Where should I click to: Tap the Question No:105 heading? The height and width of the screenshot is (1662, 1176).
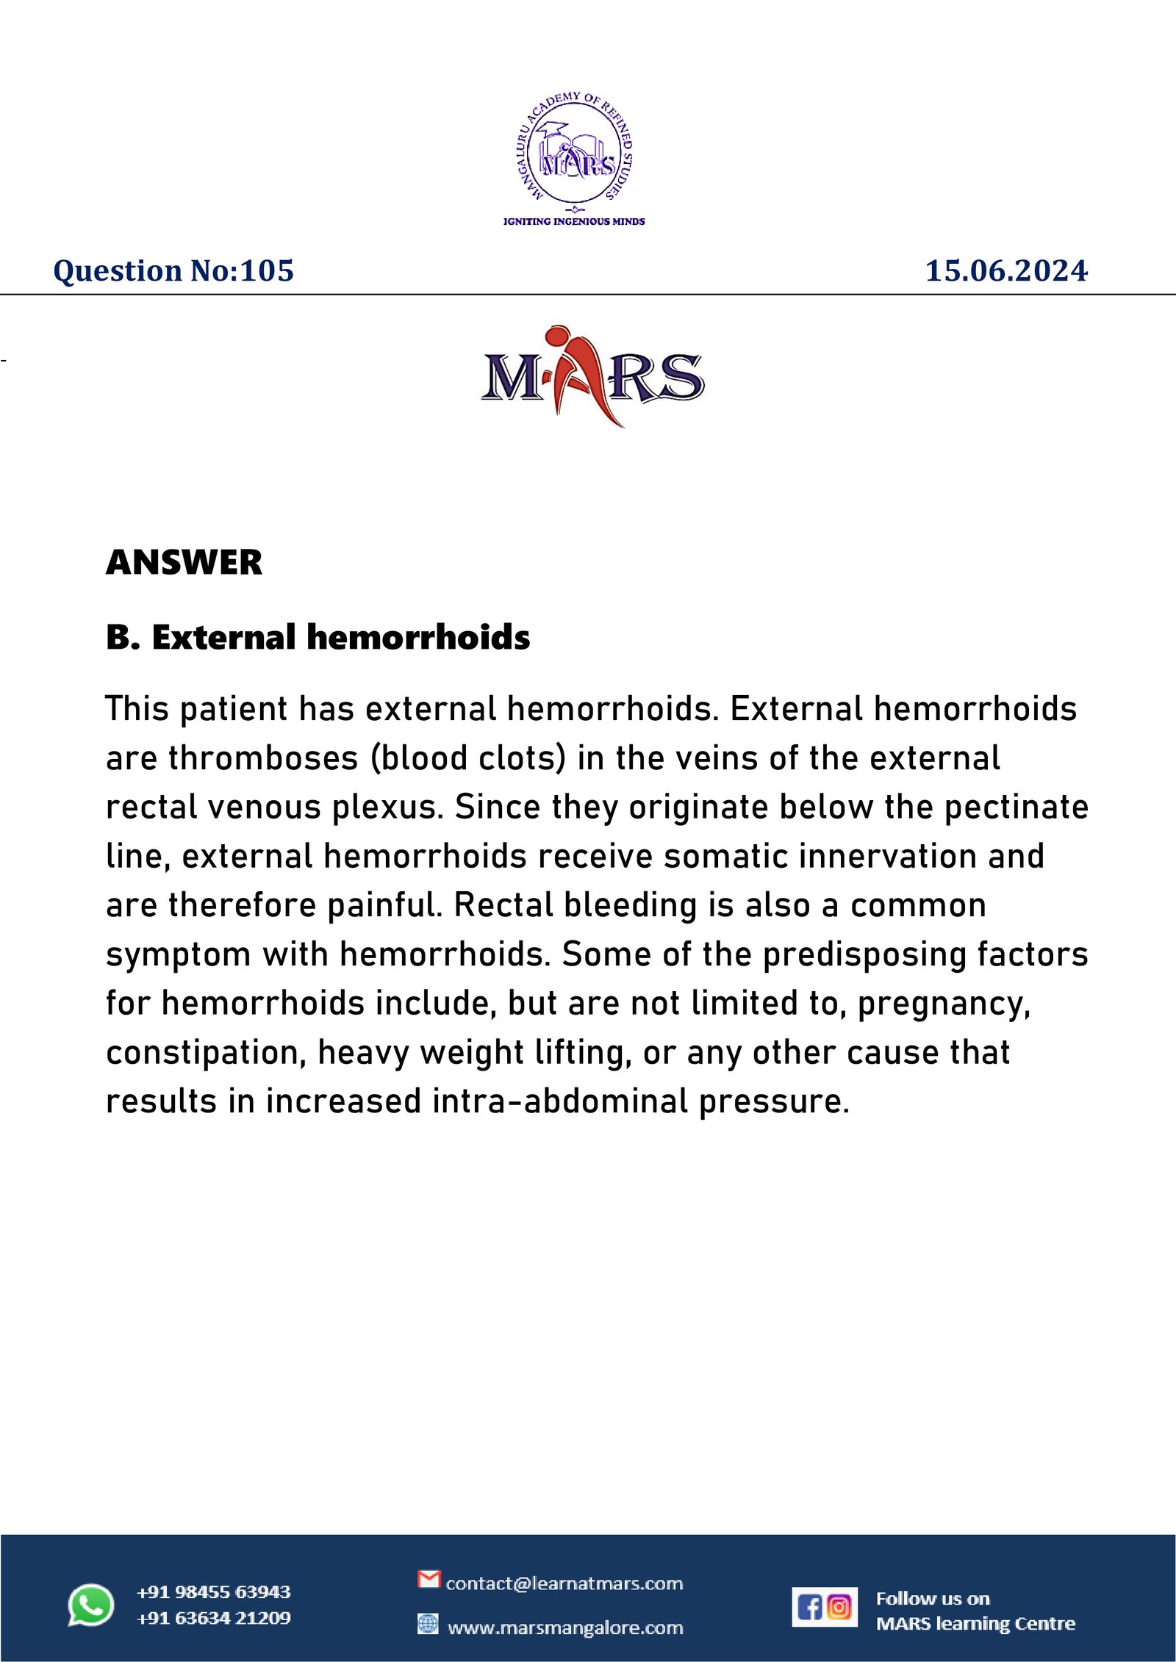[x=173, y=271]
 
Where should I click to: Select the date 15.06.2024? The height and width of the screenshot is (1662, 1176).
[x=1005, y=271]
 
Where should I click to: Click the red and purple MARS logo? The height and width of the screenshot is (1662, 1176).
[x=592, y=376]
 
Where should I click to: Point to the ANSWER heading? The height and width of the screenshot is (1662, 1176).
[x=184, y=563]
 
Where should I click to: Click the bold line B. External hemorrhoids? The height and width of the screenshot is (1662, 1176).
[x=318, y=637]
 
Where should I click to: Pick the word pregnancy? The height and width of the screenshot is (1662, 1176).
[x=944, y=1004]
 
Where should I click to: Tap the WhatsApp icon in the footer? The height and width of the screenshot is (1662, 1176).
[x=91, y=1605]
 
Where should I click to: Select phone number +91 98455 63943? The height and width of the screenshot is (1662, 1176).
[x=214, y=1592]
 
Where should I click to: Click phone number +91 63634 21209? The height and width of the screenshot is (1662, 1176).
[x=214, y=1619]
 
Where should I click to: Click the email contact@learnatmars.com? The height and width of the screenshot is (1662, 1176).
[x=564, y=1583]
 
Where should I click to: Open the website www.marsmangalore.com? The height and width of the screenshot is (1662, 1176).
[x=565, y=1628]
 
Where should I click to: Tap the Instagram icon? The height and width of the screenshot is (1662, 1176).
[x=839, y=1608]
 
